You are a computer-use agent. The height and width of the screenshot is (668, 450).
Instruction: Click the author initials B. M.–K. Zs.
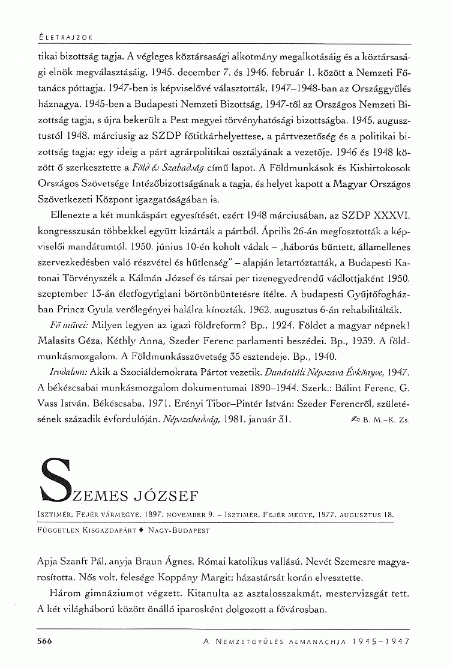[386, 420]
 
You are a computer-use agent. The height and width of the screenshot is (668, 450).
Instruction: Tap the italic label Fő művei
[69, 324]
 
